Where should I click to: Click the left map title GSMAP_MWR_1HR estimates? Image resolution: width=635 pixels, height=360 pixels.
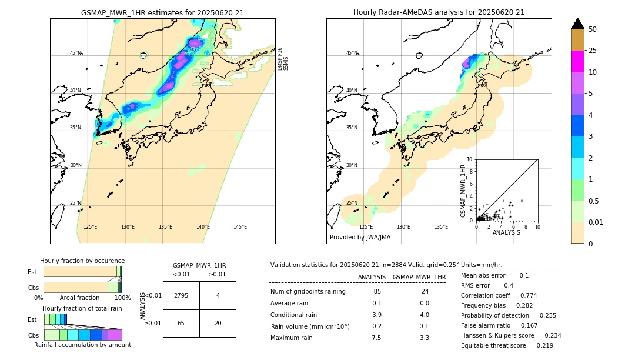click(x=162, y=12)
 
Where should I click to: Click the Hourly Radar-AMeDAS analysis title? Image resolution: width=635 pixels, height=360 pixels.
click(x=439, y=12)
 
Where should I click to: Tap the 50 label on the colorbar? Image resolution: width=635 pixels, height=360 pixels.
click(x=593, y=29)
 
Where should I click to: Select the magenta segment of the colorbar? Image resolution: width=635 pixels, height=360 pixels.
click(x=577, y=61)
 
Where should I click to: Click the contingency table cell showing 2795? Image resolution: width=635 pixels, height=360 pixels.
click(x=181, y=295)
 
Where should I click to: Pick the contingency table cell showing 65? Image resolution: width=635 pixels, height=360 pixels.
click(x=181, y=323)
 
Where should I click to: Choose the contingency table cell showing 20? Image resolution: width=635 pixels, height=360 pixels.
click(x=218, y=323)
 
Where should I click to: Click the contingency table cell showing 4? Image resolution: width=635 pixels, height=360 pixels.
click(x=218, y=295)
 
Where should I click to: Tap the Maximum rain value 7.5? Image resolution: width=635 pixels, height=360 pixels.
click(x=377, y=338)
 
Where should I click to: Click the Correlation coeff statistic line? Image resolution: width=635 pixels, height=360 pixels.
click(x=499, y=295)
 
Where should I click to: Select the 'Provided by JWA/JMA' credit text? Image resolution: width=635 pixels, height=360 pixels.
click(x=360, y=238)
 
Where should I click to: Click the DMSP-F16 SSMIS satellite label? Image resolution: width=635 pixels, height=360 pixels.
click(x=282, y=59)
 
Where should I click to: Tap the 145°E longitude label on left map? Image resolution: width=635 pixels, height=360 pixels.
click(x=240, y=227)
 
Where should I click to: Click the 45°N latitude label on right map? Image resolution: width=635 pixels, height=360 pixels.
click(x=352, y=53)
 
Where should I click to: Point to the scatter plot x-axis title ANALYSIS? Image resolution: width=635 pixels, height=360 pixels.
click(x=506, y=232)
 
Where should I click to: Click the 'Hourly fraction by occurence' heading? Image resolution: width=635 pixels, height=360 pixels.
click(x=82, y=261)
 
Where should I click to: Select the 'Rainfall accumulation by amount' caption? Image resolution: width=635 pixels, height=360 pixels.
click(x=82, y=345)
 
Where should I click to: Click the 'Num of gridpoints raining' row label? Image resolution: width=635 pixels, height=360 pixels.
click(x=308, y=291)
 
